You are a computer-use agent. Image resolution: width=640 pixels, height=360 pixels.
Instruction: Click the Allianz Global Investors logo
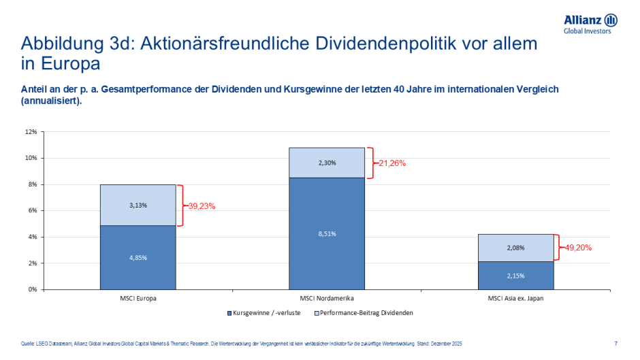coord(590,23)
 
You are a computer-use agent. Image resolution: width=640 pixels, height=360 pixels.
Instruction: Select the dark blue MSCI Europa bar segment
coord(138,257)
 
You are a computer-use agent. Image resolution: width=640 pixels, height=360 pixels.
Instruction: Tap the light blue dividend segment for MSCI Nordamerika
coord(327,163)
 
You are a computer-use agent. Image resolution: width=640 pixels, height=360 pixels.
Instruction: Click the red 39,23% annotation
coord(201,206)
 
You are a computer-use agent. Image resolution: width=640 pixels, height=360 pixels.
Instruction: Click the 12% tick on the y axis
coord(31,132)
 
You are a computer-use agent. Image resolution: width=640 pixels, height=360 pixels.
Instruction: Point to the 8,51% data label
coord(327,233)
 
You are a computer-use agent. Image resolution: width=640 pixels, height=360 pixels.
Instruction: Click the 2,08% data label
coord(515,248)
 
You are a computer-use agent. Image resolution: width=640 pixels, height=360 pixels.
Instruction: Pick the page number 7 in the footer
coord(615,343)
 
